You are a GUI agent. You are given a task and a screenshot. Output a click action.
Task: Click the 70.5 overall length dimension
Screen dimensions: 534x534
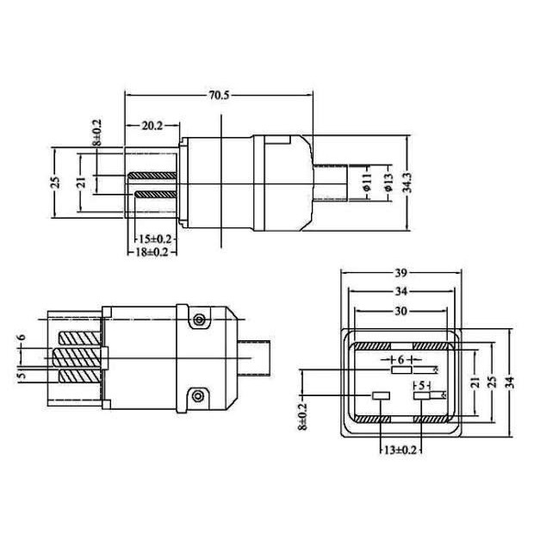point(219,96)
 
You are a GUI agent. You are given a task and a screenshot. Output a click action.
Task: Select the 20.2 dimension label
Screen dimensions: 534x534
point(152,127)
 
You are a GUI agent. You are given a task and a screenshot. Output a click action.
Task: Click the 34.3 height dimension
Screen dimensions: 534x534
point(407,183)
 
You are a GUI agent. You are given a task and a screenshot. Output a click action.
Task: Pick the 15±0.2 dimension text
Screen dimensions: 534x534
point(155,239)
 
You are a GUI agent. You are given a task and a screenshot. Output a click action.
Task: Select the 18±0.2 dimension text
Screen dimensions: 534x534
point(152,252)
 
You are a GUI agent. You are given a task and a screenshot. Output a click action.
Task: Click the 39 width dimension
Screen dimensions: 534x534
point(401,273)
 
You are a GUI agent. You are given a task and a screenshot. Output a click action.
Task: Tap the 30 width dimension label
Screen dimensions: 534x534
point(401,311)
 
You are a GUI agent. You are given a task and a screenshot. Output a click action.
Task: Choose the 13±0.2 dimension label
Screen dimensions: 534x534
point(400,450)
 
